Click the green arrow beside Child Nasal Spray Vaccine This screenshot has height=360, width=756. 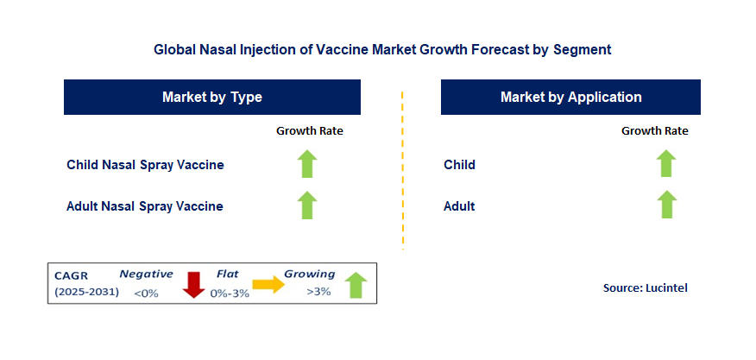point(306,164)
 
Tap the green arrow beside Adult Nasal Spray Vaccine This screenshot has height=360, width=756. point(306,205)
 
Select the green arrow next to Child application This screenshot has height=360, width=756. point(666,163)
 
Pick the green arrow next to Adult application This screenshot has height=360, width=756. point(666,205)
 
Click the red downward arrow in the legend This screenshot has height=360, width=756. point(194,285)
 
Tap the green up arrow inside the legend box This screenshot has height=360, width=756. point(356,285)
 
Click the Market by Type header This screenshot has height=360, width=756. point(212,97)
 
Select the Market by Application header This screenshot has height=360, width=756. point(570,97)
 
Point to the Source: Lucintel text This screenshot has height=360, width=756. point(646,288)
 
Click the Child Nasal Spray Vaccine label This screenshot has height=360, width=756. point(145,165)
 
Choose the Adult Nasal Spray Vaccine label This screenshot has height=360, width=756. point(145,206)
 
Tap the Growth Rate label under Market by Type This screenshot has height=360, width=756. point(310,130)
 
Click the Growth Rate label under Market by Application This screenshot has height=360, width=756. point(655,130)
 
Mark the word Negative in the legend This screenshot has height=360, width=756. point(146,275)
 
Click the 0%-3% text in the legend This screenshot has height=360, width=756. point(230,293)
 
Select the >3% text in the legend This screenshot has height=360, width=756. point(318,292)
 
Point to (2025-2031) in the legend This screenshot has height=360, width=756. point(86,292)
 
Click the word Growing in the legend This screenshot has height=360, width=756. point(309,275)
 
